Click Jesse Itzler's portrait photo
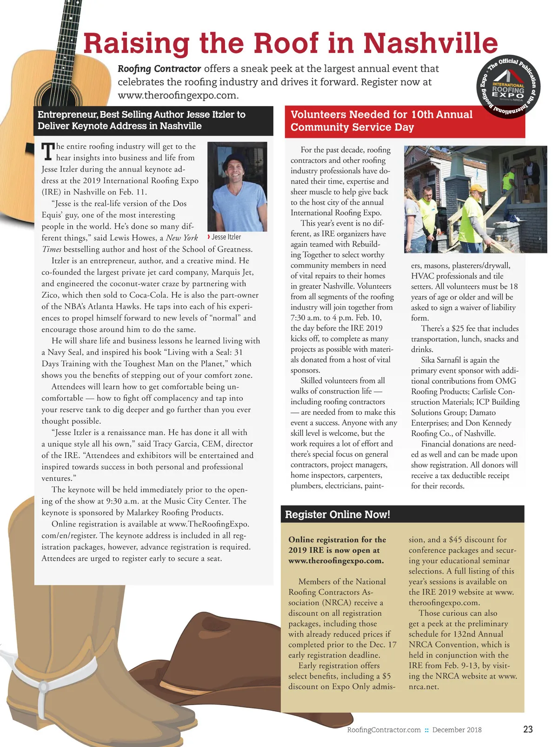[237, 186]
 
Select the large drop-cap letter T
[48, 152]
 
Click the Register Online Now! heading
[338, 514]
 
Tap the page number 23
[528, 729]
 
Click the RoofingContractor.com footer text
[384, 730]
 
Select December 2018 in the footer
[457, 730]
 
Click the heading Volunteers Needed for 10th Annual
[381, 114]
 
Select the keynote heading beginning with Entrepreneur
[141, 120]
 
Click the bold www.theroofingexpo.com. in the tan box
[336, 560]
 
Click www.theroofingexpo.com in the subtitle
[178, 95]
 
